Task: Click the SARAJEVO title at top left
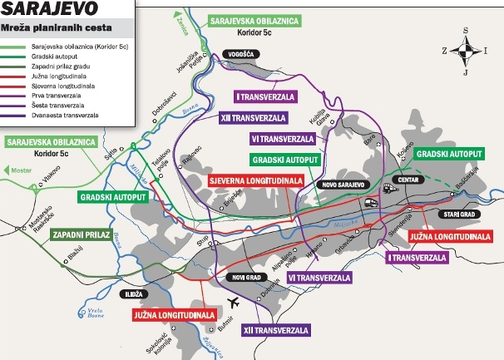43,12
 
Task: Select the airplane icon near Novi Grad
234,303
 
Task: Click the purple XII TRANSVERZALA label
276,330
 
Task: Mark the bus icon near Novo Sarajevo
367,200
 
